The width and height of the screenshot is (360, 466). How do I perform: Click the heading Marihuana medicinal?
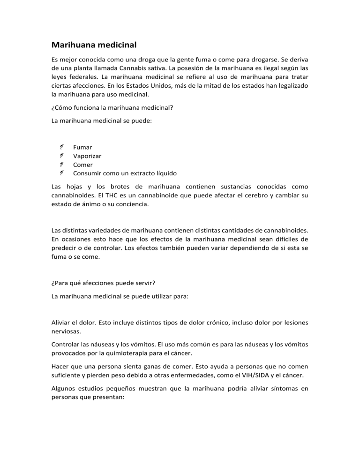[94, 45]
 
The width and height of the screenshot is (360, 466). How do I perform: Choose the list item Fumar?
[82, 147]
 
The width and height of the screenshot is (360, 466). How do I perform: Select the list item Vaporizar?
[87, 156]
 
